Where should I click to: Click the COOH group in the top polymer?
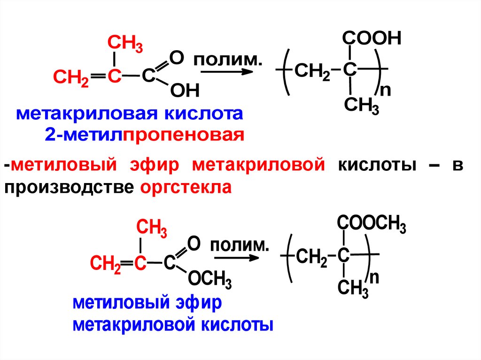tap(372, 38)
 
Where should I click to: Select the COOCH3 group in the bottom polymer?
tap(371, 225)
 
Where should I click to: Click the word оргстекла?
tap(186, 187)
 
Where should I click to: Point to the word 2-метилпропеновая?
tap(145, 135)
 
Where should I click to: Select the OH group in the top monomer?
tap(185, 90)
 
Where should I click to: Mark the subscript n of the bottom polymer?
tap(373, 278)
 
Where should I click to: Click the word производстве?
tap(69, 187)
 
